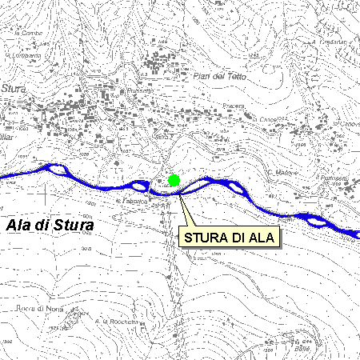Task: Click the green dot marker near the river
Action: point(174,180)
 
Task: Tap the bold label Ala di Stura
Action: point(50,226)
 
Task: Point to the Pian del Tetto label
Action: point(221,75)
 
